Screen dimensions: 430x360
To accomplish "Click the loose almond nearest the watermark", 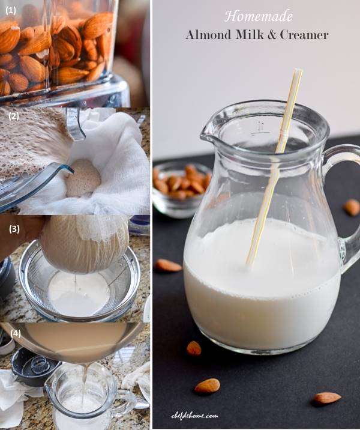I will click(x=207, y=386).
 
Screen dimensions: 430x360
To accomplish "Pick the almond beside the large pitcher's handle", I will click(x=352, y=207).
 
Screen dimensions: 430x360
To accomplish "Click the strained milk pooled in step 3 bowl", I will click(x=78, y=294).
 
